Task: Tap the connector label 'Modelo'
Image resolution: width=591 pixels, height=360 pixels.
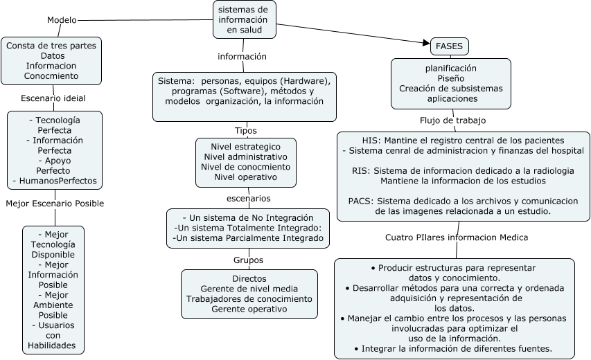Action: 62,20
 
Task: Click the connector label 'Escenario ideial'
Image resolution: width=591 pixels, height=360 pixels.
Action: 53,98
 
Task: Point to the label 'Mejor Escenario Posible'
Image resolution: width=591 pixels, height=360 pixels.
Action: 54,204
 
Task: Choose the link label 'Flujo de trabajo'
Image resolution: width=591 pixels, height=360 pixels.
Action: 452,120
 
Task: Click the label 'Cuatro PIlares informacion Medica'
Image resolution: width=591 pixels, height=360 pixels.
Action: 457,237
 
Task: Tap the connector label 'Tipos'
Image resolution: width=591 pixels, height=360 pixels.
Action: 245,130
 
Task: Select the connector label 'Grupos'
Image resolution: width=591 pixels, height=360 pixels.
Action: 248,260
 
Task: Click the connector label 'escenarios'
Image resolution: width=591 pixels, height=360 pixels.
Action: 248,198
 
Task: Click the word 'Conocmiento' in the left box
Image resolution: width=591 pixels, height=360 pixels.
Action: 52,76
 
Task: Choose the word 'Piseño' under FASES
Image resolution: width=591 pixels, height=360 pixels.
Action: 450,78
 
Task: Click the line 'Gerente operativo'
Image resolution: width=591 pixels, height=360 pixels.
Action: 249,309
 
